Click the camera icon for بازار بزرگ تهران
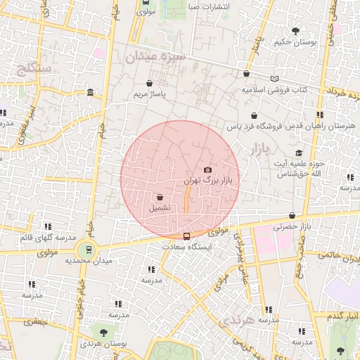pos(207,169)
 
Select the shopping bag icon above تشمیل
pos(160,198)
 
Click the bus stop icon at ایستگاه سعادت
pos(186,236)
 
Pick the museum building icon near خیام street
pos(91,92)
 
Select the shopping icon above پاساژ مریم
pos(150,83)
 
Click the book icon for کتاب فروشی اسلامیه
pos(274,78)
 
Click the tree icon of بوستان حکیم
pos(296,30)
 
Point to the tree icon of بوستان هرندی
pos(104,332)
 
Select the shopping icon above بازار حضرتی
pos(292,215)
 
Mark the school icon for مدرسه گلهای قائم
pos(48,226)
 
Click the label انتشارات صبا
pos(211,6)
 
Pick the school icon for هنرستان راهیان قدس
pos(320,115)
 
